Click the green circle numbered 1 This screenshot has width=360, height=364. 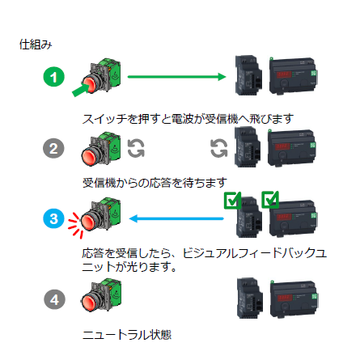[x=54, y=77]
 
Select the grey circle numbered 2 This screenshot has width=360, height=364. [x=53, y=148]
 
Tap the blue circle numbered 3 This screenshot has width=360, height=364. [x=54, y=218]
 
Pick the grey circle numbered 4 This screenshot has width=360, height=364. [x=54, y=299]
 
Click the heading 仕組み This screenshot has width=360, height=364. [x=36, y=44]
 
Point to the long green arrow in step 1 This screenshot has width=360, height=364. [x=176, y=77]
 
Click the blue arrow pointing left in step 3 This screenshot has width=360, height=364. [x=176, y=218]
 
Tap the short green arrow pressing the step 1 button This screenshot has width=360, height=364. [x=80, y=90]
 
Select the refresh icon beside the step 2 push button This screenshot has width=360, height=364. [x=136, y=148]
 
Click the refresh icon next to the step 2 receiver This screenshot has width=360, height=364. [x=219, y=148]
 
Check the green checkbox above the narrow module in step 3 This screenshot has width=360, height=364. [x=232, y=201]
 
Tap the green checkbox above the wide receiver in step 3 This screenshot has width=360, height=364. [x=270, y=200]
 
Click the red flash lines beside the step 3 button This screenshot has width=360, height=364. [x=75, y=225]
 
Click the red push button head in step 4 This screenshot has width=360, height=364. [x=89, y=303]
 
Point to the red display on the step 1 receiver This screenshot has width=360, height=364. [x=283, y=74]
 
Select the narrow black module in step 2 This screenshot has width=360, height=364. [x=248, y=147]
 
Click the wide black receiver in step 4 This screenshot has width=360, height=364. [x=294, y=300]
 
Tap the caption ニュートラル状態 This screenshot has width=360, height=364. [x=127, y=335]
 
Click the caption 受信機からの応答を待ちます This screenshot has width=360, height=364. [x=155, y=183]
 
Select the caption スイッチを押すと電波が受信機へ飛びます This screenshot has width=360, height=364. [x=188, y=119]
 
